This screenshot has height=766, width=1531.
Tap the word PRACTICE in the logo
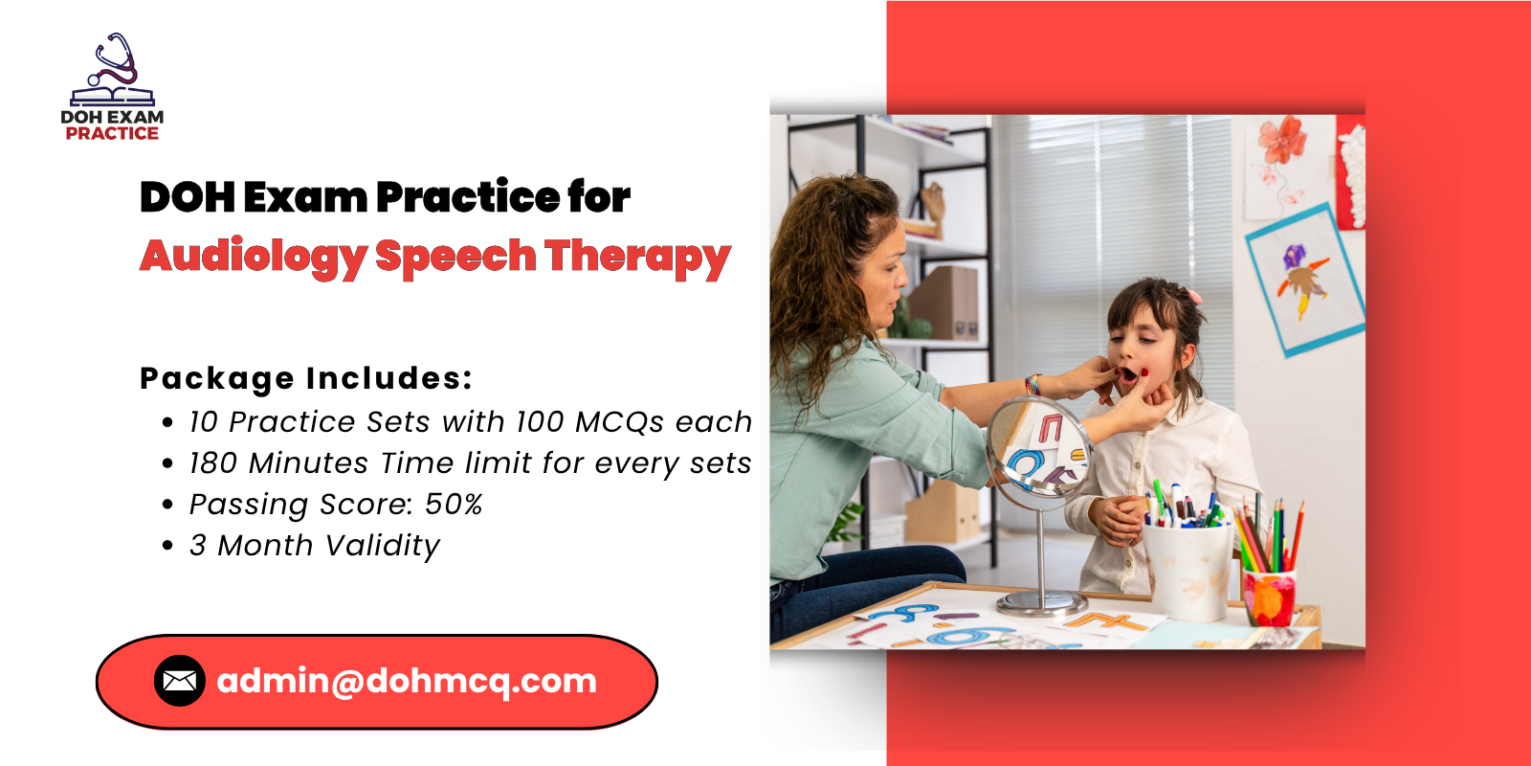(112, 133)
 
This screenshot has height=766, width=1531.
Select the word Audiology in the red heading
(254, 258)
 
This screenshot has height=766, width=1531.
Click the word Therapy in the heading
(637, 258)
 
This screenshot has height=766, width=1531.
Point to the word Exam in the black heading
(305, 197)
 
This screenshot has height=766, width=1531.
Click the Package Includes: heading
(306, 379)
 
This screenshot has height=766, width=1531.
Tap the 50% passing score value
(454, 505)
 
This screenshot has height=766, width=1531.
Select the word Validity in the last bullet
(383, 547)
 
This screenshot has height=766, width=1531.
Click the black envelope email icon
(180, 681)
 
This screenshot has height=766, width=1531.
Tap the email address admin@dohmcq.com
(407, 681)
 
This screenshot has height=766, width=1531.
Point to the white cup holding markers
(1187, 571)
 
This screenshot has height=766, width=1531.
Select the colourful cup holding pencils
(1269, 597)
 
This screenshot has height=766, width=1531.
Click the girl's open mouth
(1128, 374)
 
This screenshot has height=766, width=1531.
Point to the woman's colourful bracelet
(1032, 384)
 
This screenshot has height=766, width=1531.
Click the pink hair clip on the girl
(1192, 296)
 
